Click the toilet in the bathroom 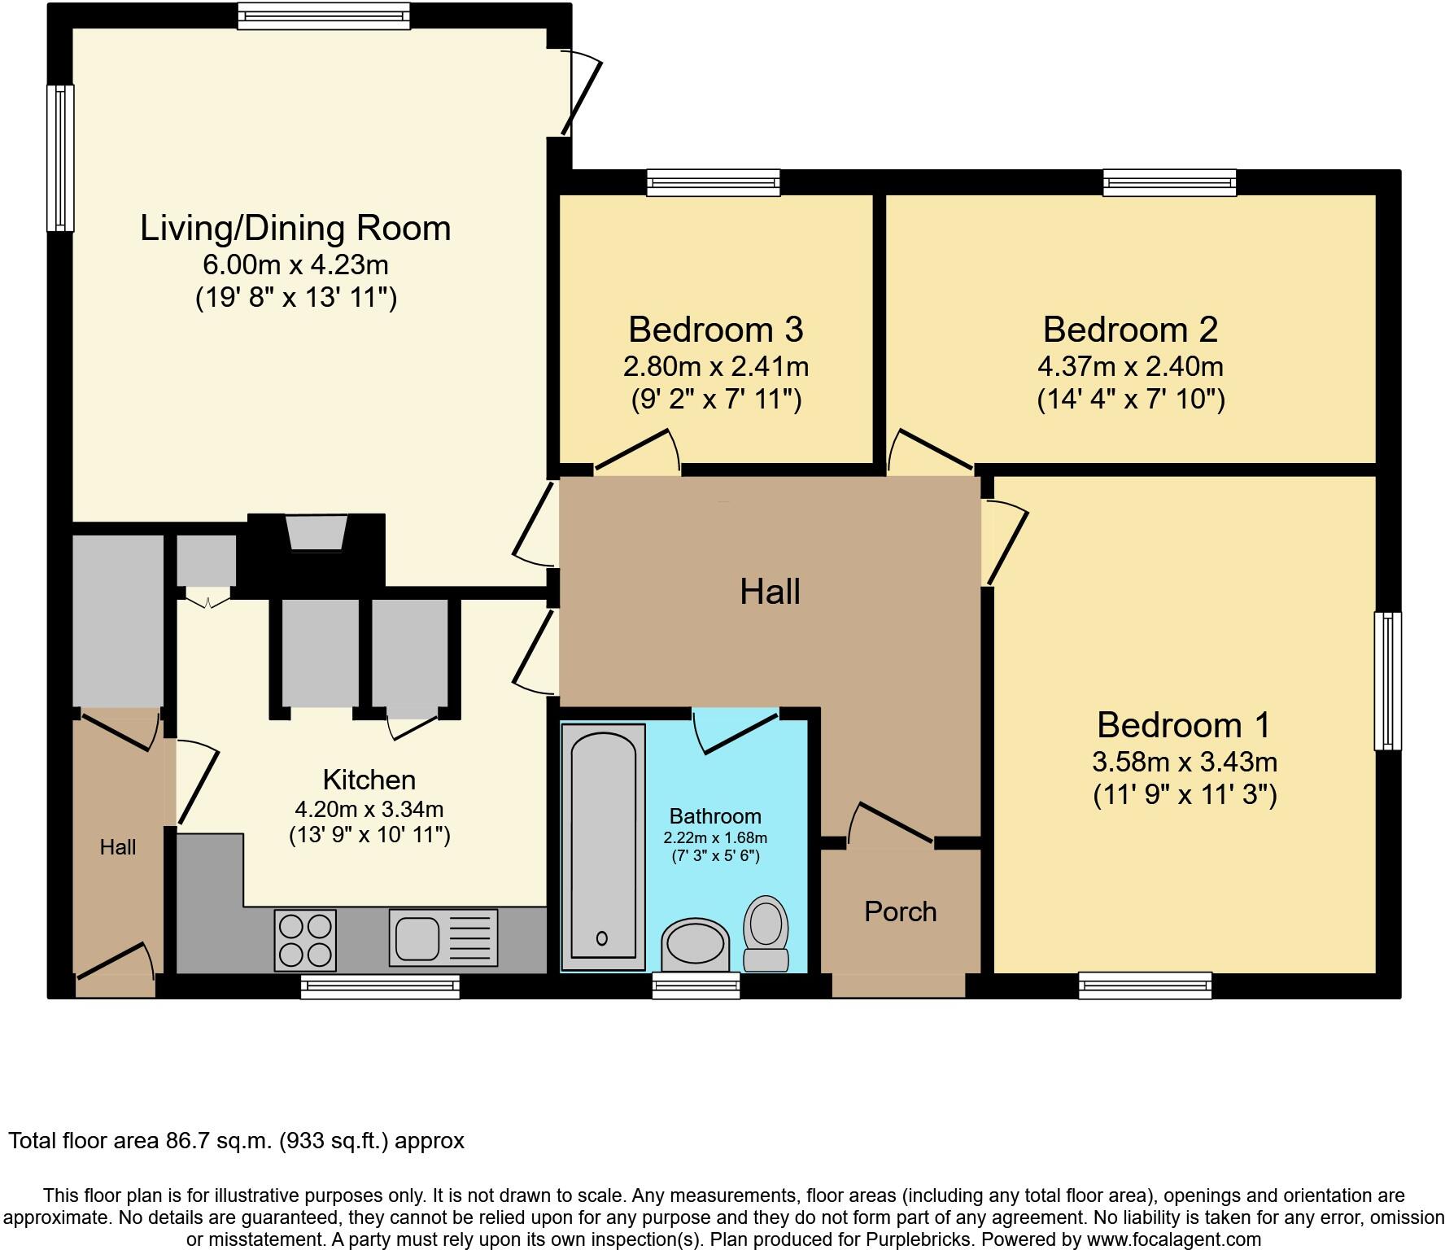[766, 933]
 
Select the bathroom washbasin [693, 944]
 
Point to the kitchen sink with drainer [443, 937]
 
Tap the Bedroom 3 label [715, 330]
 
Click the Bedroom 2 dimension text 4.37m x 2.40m [1130, 366]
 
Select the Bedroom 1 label [1183, 724]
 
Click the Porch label [900, 911]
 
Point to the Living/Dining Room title [295, 228]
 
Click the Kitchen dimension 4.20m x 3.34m [369, 809]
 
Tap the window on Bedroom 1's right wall [1388, 680]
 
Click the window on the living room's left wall [60, 158]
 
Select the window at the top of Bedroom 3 [714, 182]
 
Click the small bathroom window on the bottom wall [696, 986]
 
